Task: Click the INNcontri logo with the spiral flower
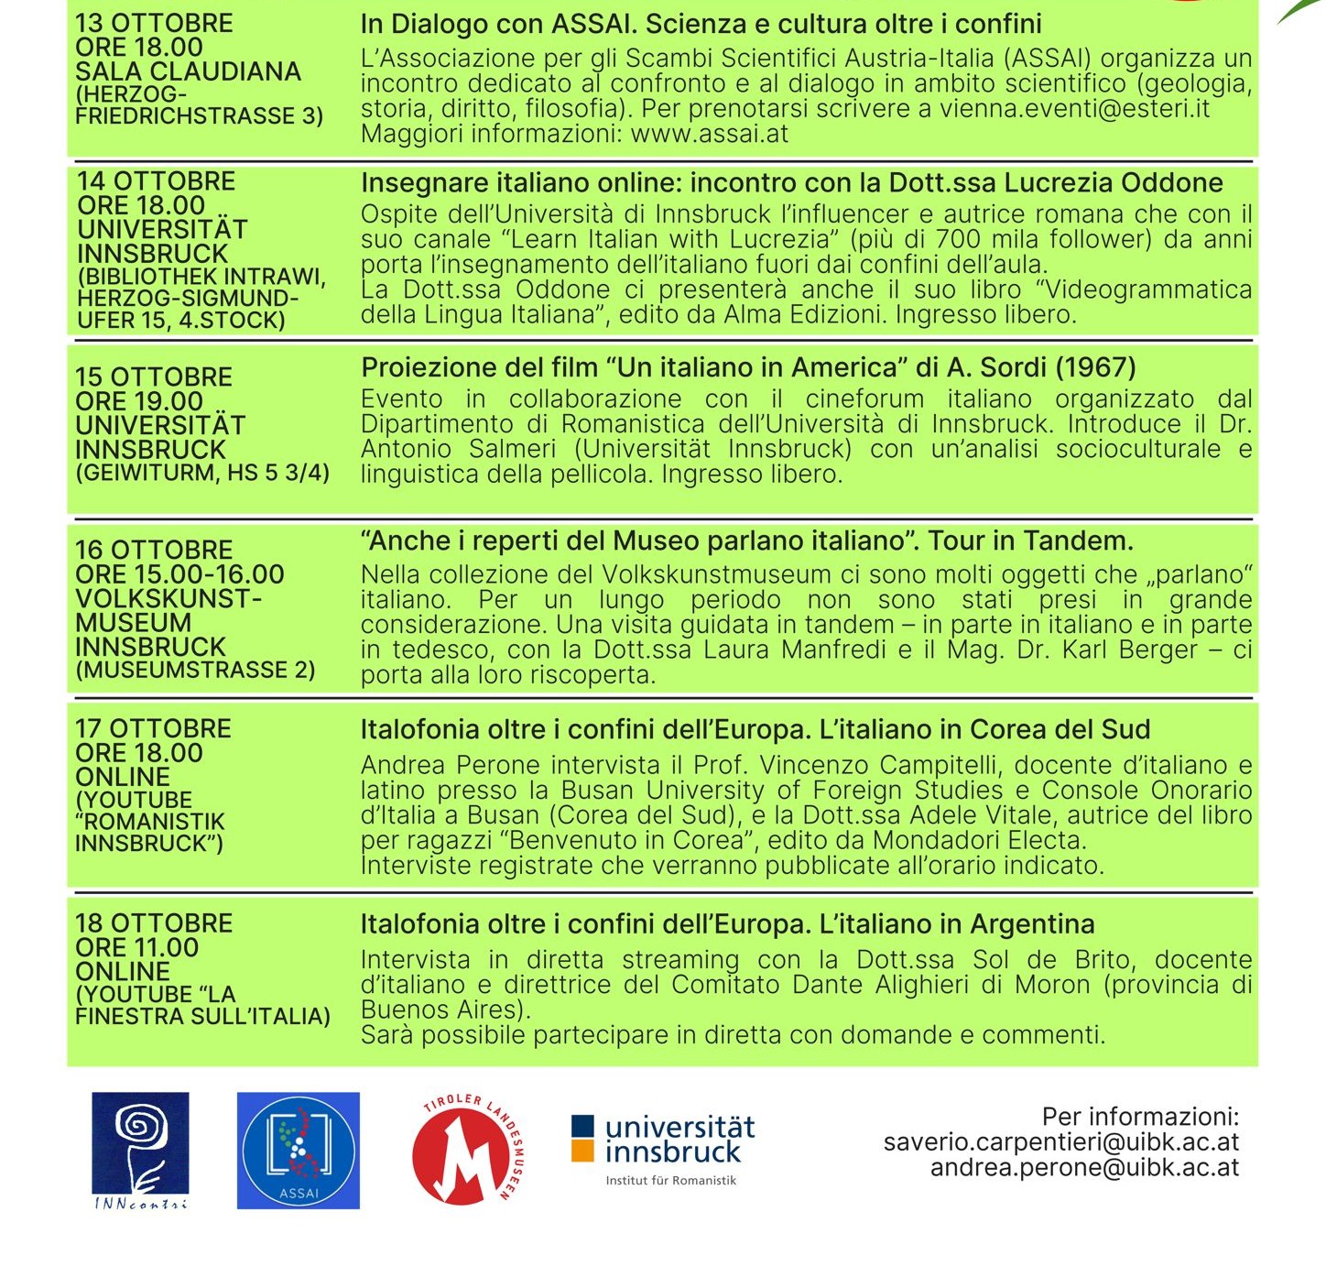coord(140,1150)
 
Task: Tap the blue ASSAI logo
coord(298,1151)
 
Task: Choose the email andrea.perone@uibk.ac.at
coord(1084,1168)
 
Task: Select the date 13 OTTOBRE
coord(154,23)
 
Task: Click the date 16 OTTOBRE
coord(154,550)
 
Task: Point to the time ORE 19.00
coord(139,401)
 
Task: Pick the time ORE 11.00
coord(136,947)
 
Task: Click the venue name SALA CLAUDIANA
coord(188,71)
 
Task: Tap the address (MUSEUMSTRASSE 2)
coord(195,670)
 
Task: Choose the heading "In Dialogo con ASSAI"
coord(498,24)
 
